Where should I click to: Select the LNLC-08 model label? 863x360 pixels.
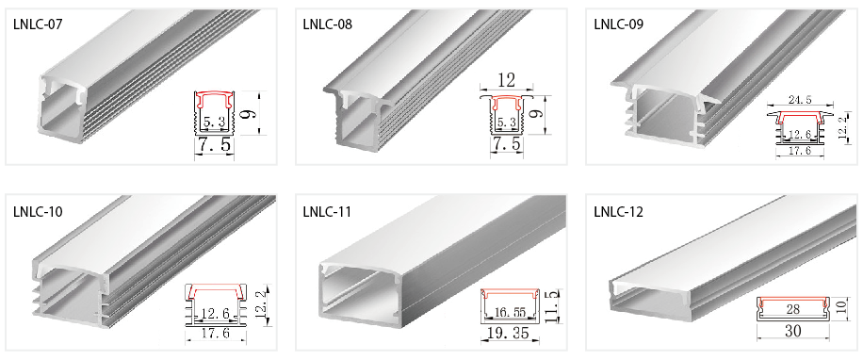click(328, 25)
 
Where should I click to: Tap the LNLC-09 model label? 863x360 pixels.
click(619, 25)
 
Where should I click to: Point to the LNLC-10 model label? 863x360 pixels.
click(38, 211)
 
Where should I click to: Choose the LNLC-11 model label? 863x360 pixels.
click(327, 211)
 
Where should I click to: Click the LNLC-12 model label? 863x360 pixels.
click(619, 211)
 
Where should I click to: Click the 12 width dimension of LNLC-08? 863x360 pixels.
click(506, 80)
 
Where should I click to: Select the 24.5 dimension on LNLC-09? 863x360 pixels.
click(801, 100)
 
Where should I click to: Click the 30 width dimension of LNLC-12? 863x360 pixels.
click(793, 332)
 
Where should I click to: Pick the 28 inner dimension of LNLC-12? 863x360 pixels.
click(793, 309)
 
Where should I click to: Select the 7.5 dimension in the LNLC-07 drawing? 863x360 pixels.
click(214, 145)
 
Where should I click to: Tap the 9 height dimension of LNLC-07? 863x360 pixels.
click(251, 114)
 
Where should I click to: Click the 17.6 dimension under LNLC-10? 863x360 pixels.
click(216, 334)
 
